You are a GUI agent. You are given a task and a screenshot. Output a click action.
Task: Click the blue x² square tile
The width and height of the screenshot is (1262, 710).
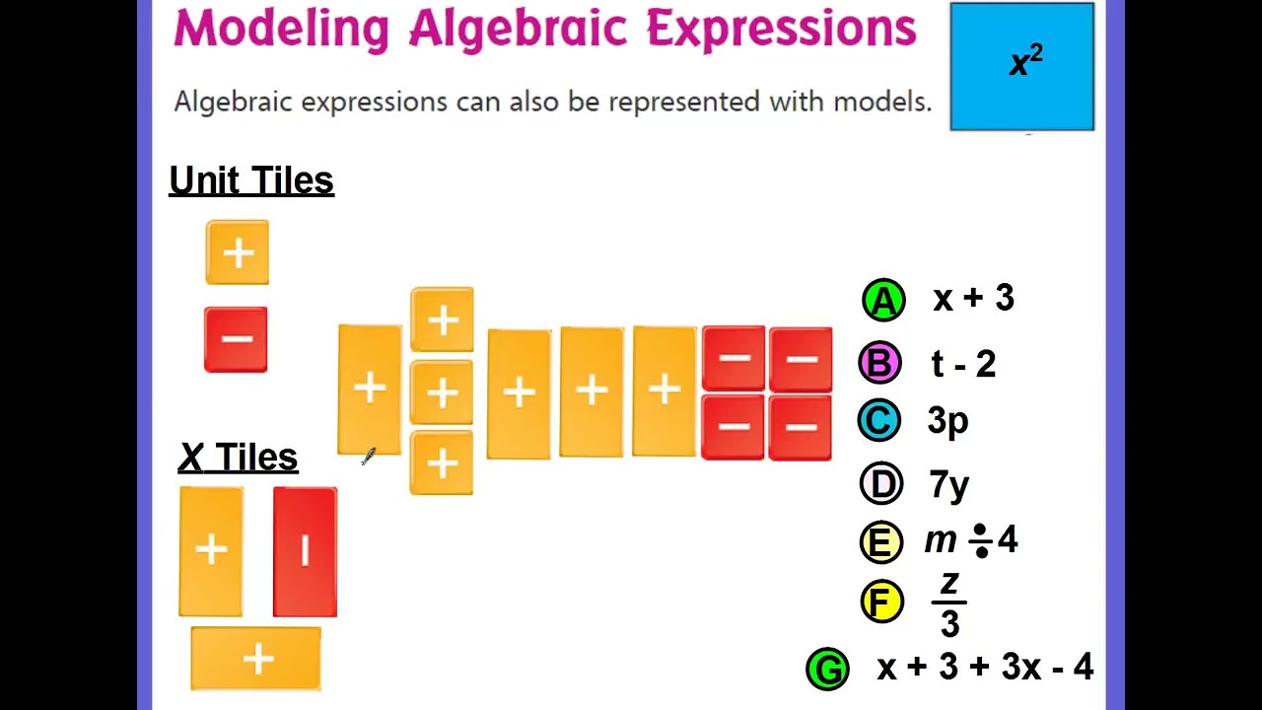point(1021,66)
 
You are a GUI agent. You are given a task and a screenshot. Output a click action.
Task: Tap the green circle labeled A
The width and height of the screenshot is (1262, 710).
point(883,301)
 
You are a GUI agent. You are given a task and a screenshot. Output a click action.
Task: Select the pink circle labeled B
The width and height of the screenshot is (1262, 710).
point(879,363)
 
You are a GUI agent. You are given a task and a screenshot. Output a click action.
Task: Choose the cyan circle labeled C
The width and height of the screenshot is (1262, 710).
point(878,421)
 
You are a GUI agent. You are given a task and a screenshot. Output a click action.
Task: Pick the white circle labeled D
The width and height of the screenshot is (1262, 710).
point(880,483)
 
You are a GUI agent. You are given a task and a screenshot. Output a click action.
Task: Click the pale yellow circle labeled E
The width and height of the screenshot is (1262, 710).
point(880,541)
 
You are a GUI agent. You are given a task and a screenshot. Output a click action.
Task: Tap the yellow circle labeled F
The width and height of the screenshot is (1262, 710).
point(881,601)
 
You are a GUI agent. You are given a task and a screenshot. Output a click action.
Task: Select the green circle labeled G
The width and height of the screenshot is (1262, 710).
point(827,669)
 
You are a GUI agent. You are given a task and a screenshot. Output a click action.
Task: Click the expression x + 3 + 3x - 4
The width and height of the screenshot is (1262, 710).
point(984,668)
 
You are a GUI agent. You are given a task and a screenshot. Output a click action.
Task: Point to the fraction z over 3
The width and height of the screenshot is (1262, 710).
point(948,603)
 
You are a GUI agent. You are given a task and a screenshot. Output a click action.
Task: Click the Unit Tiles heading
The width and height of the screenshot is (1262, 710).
point(251,180)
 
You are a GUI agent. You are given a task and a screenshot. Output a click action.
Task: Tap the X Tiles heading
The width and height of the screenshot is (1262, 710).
point(238,458)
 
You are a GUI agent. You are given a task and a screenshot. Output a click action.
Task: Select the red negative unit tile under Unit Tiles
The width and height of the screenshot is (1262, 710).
point(236,340)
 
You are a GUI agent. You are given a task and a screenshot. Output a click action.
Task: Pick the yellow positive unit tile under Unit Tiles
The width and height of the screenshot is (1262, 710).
point(238,253)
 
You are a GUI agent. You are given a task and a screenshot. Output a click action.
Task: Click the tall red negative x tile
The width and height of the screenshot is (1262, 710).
point(305,552)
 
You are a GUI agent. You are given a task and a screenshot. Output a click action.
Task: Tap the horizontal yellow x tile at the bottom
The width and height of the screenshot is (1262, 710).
point(256,659)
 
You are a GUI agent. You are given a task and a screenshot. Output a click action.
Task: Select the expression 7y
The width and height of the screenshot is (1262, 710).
point(948,484)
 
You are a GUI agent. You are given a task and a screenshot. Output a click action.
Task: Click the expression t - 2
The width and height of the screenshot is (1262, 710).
point(962,364)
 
